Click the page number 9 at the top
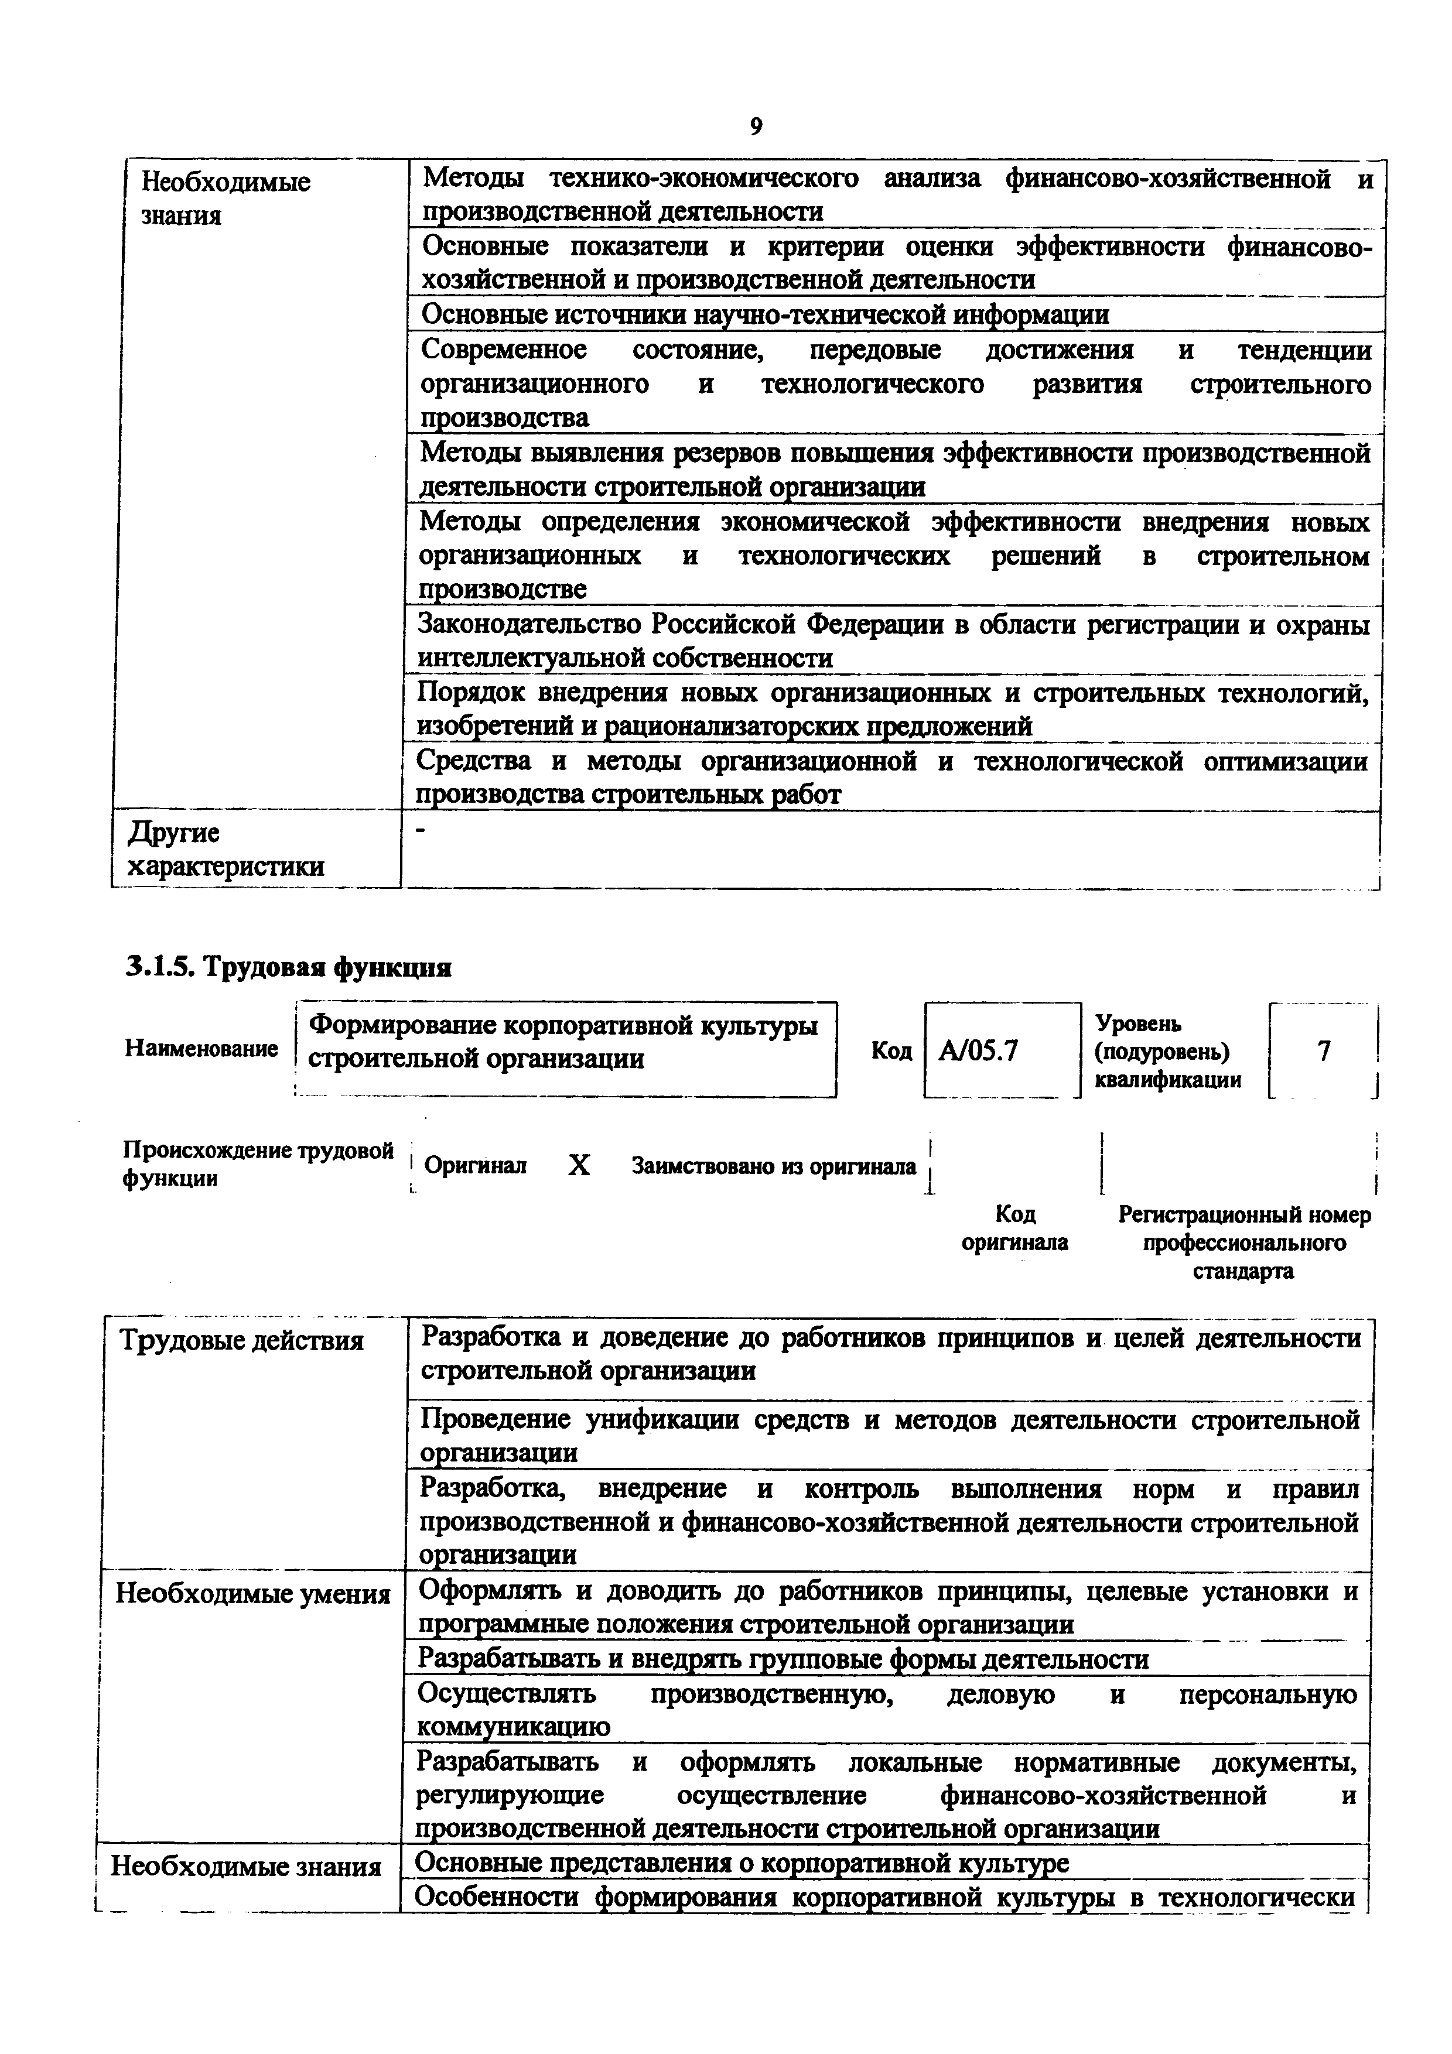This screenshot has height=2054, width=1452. coord(756,127)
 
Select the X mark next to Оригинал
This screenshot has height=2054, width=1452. coord(580,1165)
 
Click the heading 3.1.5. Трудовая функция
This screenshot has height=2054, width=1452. coord(287,967)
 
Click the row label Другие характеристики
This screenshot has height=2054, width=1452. coord(226,850)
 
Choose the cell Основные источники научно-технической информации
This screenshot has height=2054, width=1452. coord(765,315)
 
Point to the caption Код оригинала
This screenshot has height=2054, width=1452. coord(1014,1228)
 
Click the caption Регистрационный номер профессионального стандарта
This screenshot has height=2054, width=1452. coord(1243,1242)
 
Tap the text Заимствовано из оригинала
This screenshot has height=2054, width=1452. coord(774,1166)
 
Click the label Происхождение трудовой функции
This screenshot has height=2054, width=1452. coord(258,1164)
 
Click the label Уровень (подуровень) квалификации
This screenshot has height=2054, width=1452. coord(1167,1051)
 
